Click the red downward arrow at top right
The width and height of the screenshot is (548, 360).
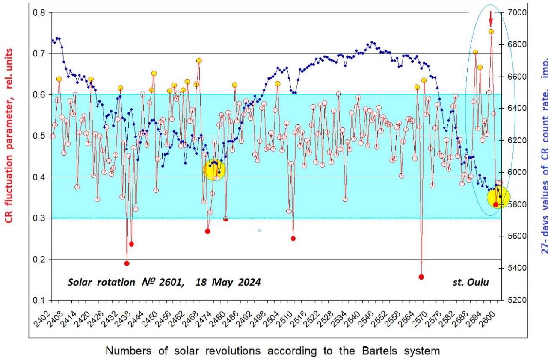click(x=491, y=19)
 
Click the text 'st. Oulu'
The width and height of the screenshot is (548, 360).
click(x=470, y=282)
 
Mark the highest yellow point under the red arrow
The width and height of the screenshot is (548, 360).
click(x=492, y=32)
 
